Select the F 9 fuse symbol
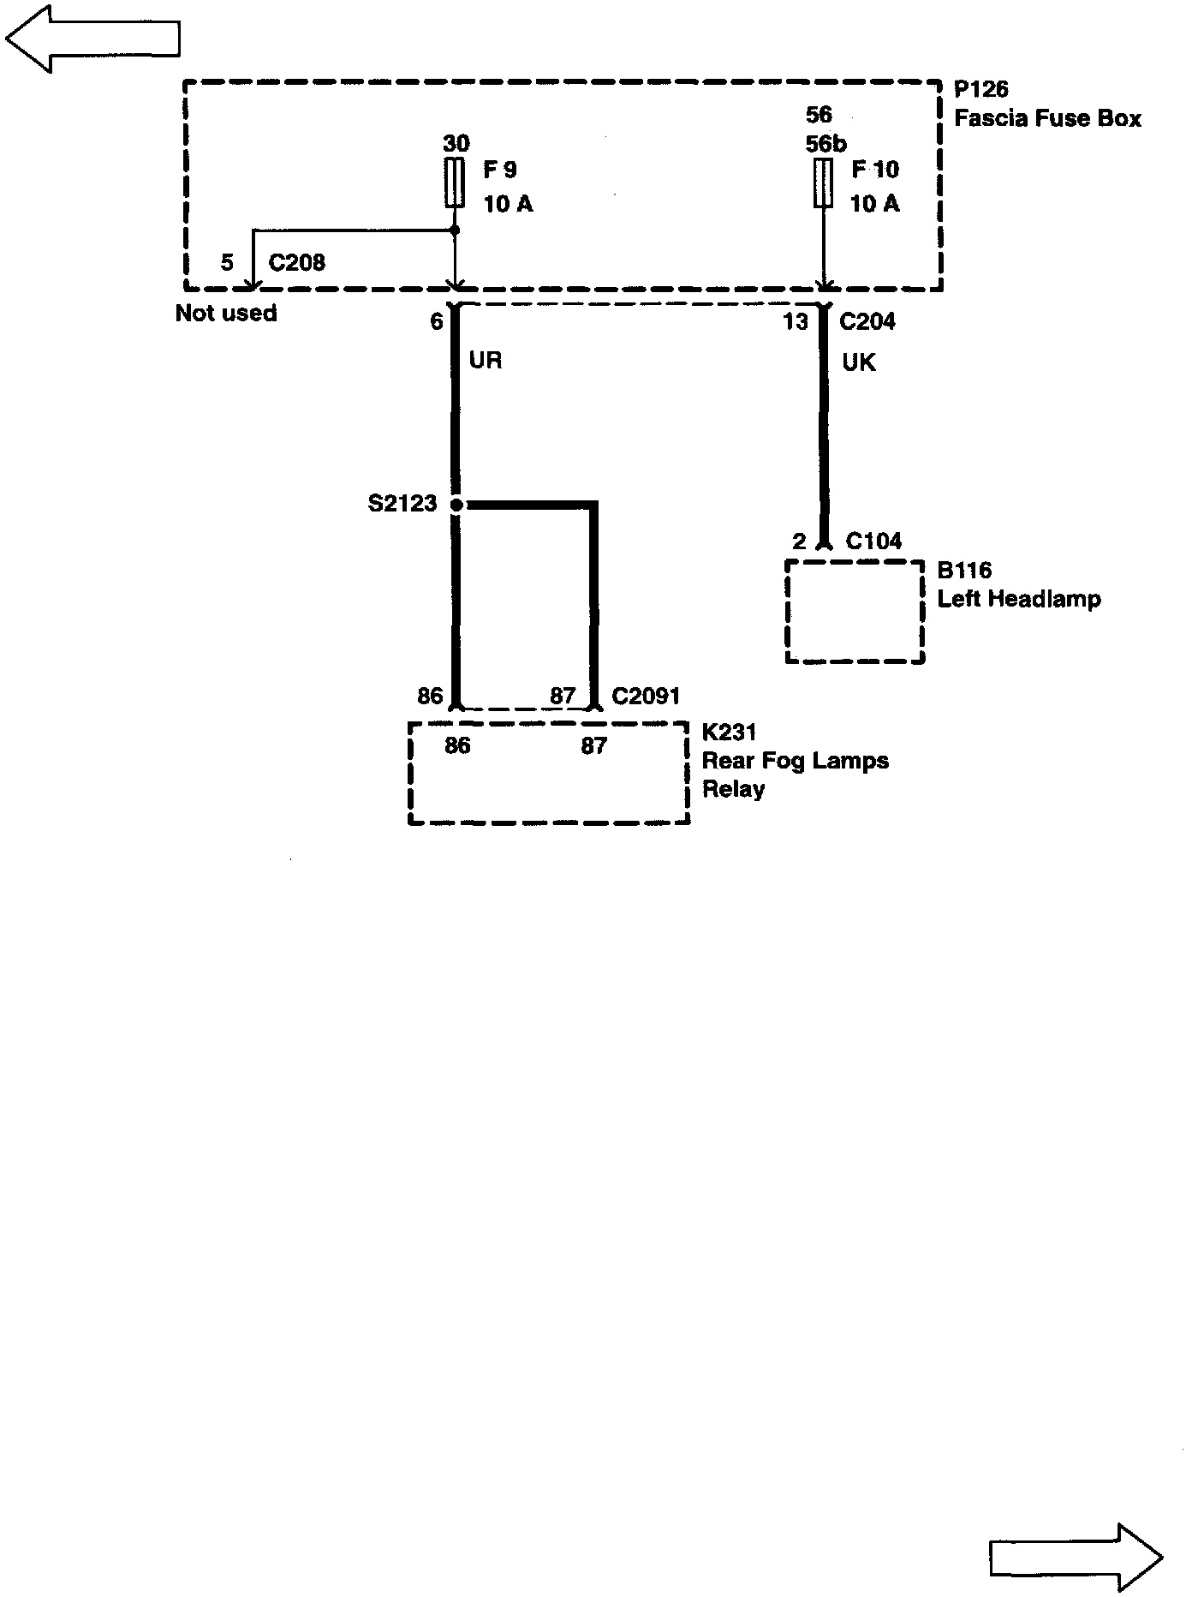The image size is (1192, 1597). coord(456,182)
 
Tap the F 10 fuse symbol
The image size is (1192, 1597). coord(823,182)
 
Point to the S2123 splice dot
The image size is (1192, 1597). coord(456,505)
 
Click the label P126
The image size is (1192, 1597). coord(981,89)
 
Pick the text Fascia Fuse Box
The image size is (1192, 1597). coord(1047,118)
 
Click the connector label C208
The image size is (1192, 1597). coord(296,262)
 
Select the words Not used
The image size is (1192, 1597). coord(226,313)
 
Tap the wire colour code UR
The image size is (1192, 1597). coord(486,360)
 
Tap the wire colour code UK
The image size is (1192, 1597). coord(859,362)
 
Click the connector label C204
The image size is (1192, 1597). coord(867,321)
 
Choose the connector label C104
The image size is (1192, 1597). coord(873,541)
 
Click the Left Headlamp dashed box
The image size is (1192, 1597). coord(855,612)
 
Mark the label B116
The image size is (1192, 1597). coord(964,571)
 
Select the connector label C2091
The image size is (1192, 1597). coord(646,695)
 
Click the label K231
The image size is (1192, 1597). coord(730,733)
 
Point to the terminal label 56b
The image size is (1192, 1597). coord(825,144)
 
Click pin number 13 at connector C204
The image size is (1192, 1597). coord(796,321)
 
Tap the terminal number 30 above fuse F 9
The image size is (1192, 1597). coord(456,143)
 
